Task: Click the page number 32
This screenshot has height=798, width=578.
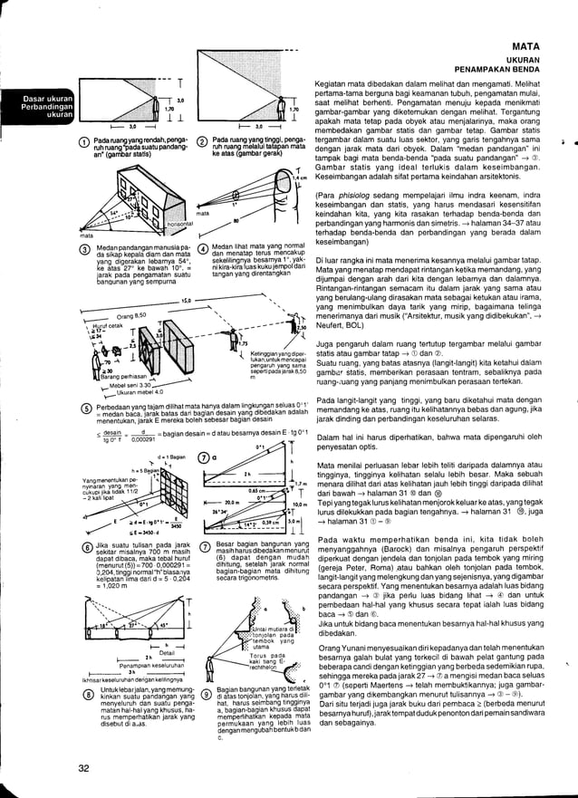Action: click(83, 769)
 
